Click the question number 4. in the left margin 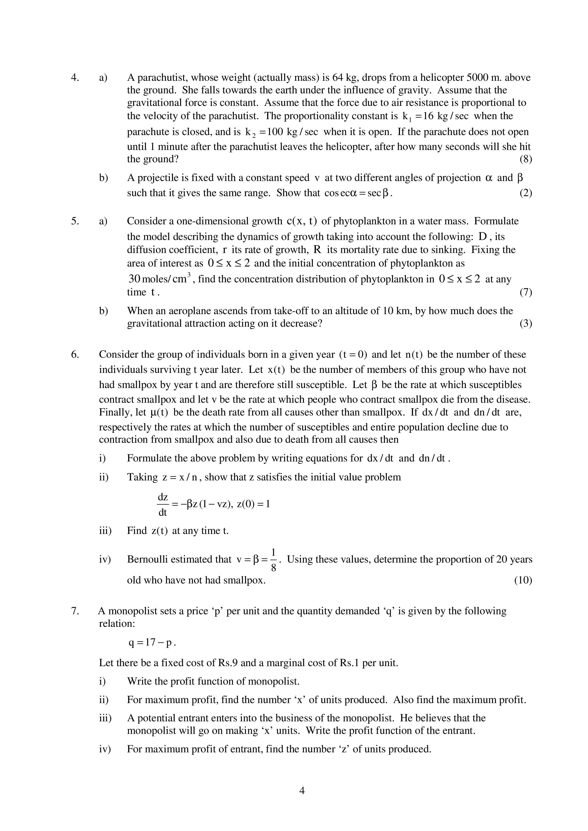click(75, 78)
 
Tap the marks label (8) click(526, 159)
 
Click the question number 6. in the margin click(75, 355)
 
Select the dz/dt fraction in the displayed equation click(163, 505)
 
